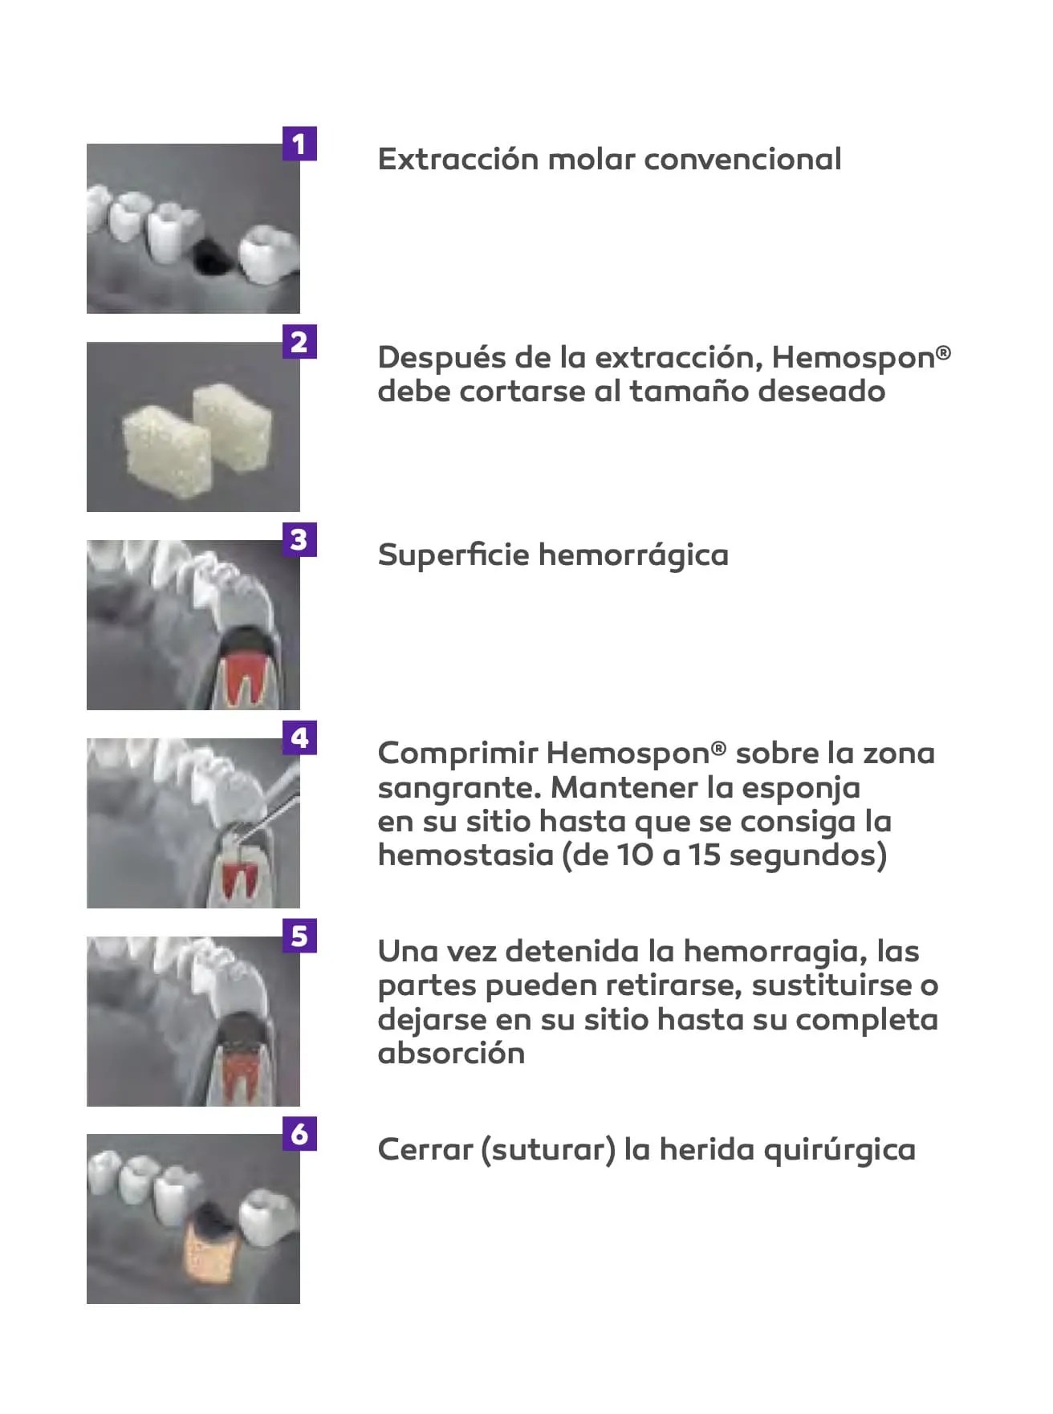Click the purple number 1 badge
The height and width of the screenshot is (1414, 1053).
[x=299, y=144]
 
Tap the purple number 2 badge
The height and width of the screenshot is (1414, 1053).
[x=299, y=342]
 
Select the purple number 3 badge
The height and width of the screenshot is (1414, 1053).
[x=299, y=539]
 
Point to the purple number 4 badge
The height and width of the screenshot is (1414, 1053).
[x=299, y=737]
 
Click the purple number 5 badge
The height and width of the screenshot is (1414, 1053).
[x=299, y=936]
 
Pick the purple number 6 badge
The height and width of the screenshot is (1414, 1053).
[x=299, y=1134]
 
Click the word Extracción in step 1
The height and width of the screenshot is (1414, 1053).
[x=457, y=159]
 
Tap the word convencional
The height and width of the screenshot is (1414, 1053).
[x=742, y=159]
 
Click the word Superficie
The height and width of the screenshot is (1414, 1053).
[x=453, y=555]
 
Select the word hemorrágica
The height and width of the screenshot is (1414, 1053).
[x=633, y=555]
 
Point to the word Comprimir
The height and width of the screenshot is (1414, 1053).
[x=457, y=754]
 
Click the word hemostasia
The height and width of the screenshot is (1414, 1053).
[x=466, y=855]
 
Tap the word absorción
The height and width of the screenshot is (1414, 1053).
[x=451, y=1053]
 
